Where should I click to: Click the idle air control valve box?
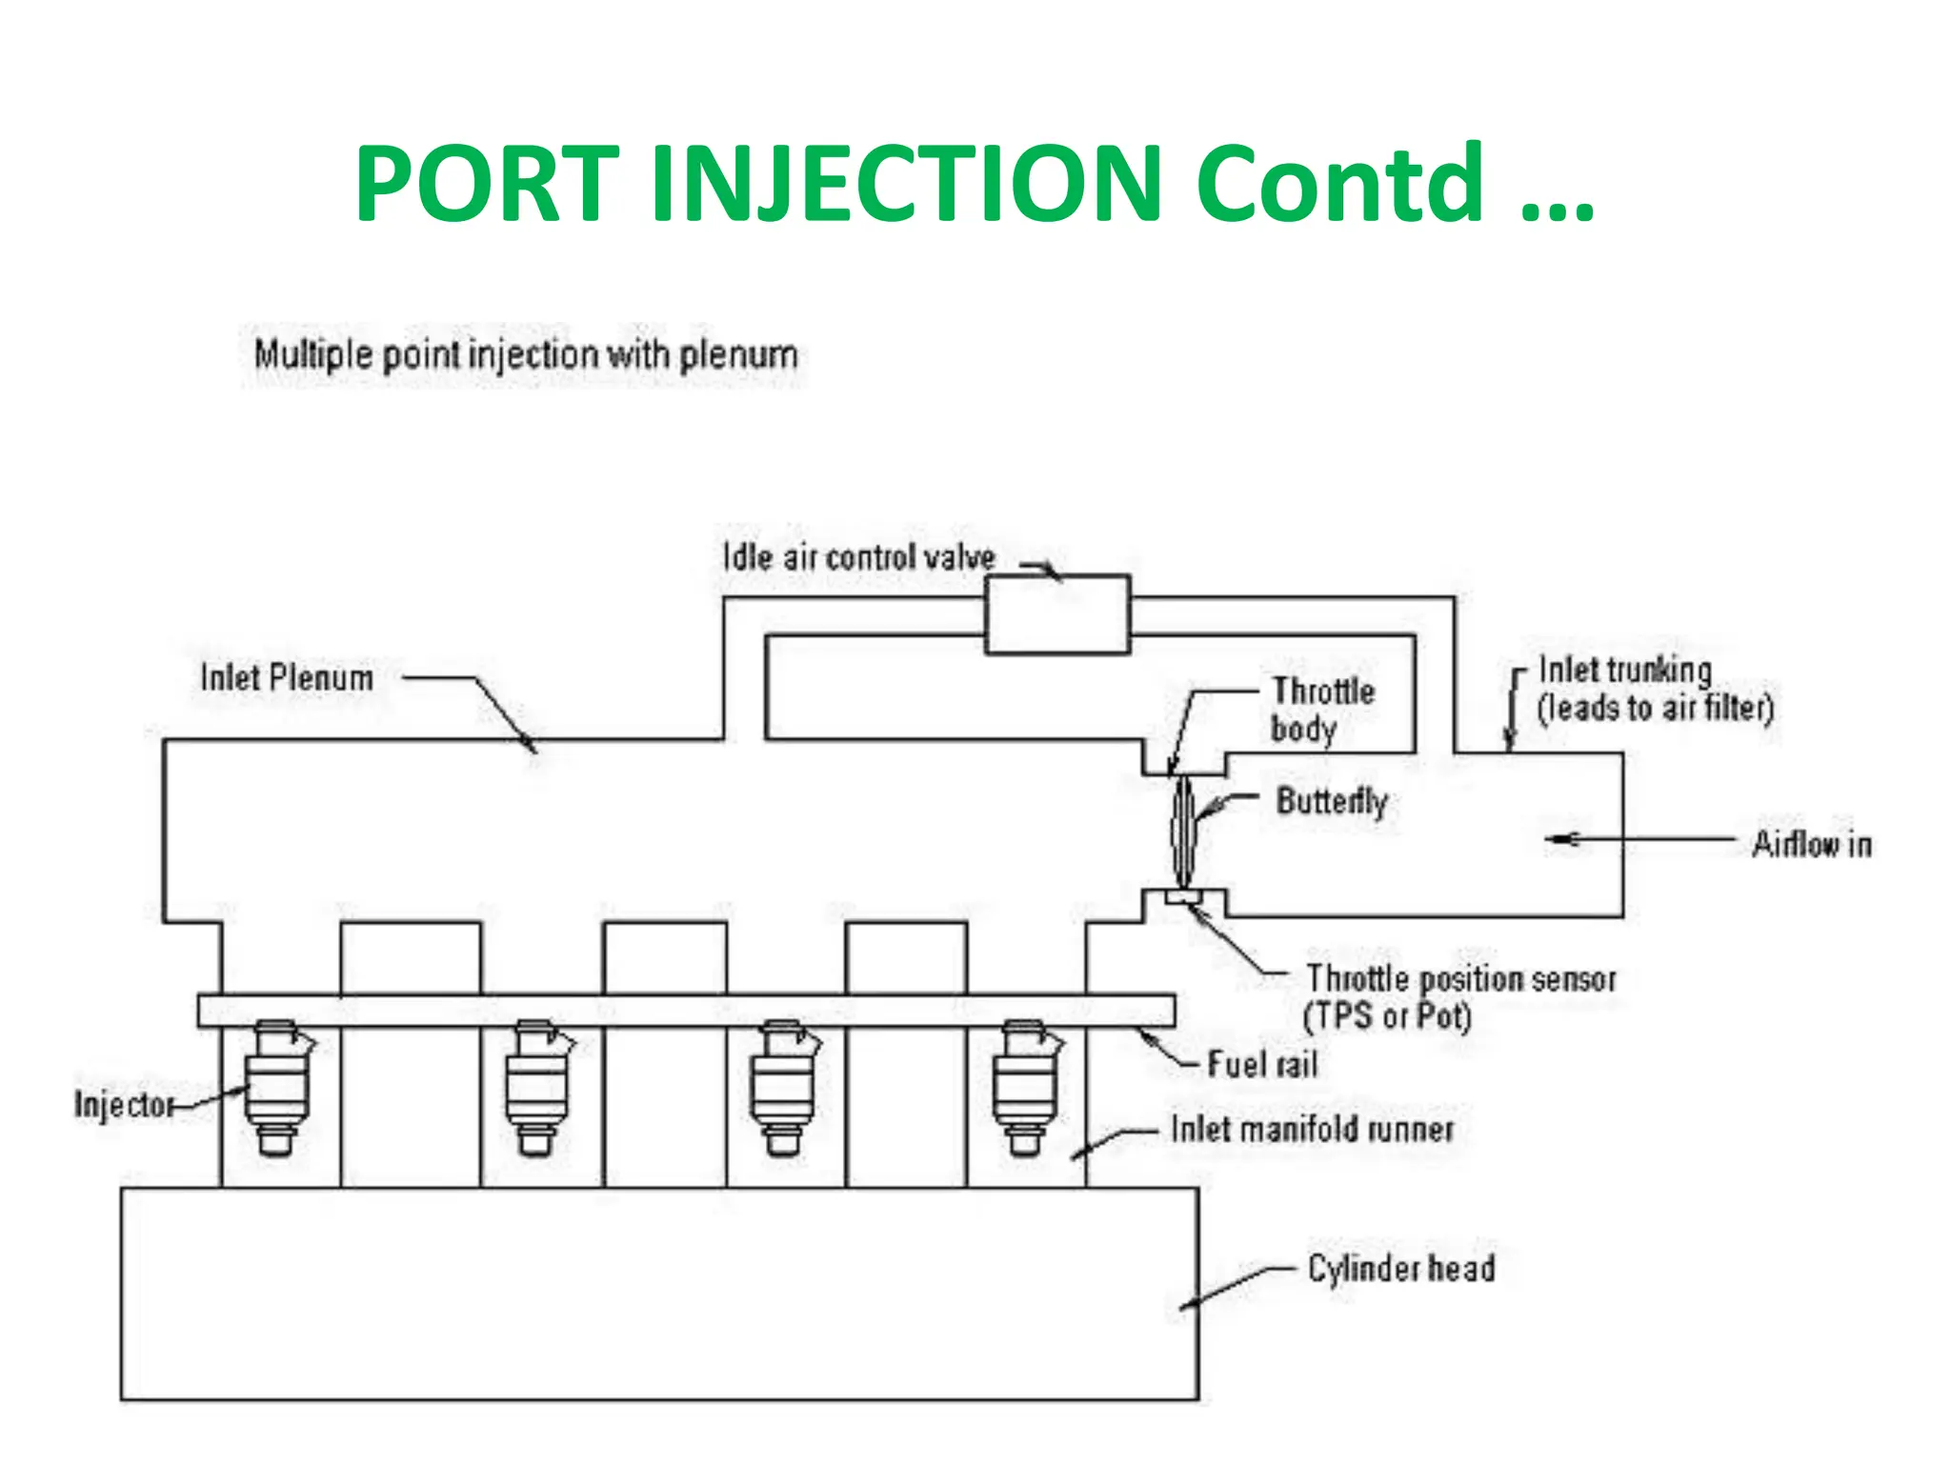(x=1056, y=614)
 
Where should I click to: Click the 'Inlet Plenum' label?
(x=287, y=678)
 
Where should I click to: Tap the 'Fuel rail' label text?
(x=1262, y=1064)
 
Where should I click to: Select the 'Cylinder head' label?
(x=1400, y=1269)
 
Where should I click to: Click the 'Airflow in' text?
(x=1811, y=845)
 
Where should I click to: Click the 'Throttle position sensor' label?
(x=1460, y=979)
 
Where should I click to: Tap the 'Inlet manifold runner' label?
(x=1312, y=1130)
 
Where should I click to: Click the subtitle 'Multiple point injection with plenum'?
(x=525, y=355)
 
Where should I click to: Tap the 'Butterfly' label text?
(x=1331, y=801)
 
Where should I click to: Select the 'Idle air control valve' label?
(x=858, y=557)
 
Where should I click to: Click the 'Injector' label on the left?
(x=124, y=1105)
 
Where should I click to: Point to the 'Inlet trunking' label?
(x=1625, y=671)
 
